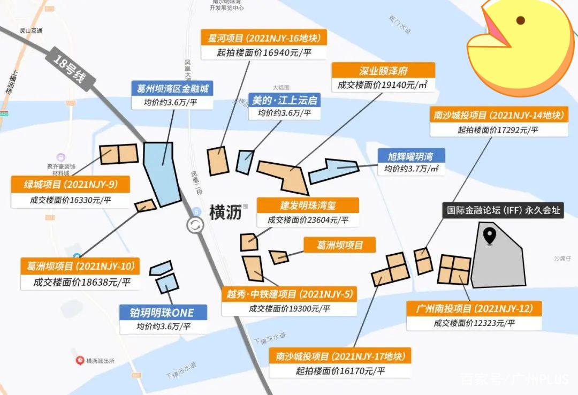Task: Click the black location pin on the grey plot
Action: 489,236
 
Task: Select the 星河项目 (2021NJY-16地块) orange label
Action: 264,38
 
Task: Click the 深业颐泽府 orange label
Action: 383,70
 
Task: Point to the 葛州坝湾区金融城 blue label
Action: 172,88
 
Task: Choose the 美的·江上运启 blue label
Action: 284,100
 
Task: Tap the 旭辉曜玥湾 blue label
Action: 410,156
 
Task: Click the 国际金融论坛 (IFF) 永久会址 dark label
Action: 504,210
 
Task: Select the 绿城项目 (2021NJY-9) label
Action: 71,185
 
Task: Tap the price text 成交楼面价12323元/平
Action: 474,323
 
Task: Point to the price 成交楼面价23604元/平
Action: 307,219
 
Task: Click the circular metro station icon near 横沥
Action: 195,225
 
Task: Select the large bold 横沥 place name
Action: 225,212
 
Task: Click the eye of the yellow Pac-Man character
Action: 520,21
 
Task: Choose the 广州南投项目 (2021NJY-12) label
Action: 474,308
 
